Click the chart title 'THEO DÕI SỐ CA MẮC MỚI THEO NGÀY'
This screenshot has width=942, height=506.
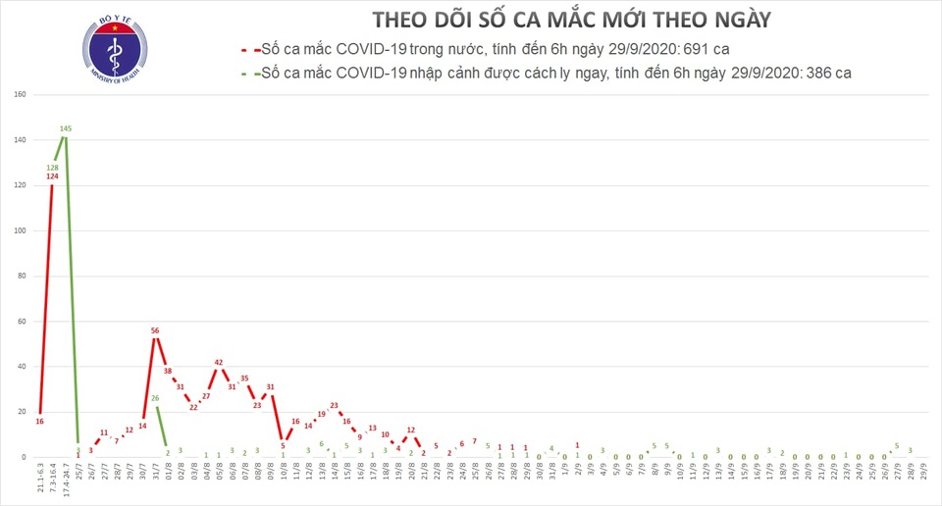tap(571, 20)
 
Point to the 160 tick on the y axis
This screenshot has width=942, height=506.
tap(19, 95)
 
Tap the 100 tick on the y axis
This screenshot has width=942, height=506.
tap(19, 230)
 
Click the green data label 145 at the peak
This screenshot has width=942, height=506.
tap(66, 128)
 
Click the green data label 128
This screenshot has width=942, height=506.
tap(53, 167)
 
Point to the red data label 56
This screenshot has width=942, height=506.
tap(155, 330)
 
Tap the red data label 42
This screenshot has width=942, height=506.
tap(219, 362)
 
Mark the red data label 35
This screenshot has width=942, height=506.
tap(244, 378)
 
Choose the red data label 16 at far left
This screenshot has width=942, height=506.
tap(39, 421)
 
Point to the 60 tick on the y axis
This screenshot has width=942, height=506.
tap(20, 321)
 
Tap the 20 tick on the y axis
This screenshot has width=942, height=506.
tap(20, 412)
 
